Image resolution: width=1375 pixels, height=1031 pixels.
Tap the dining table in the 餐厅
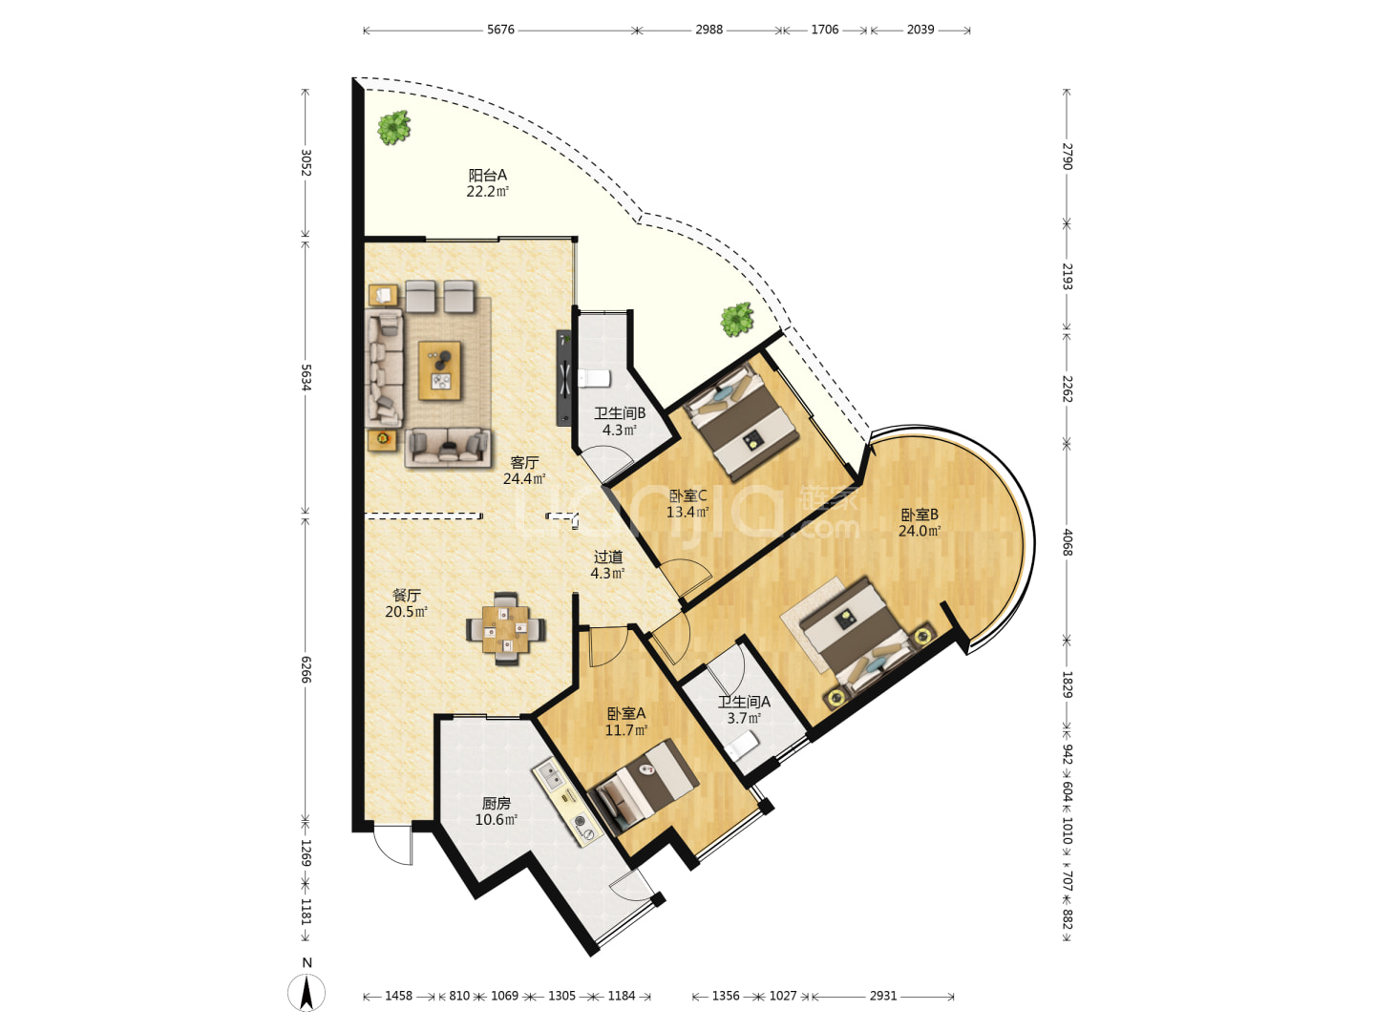[x=505, y=628]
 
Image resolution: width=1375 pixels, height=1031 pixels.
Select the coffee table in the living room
[x=439, y=370]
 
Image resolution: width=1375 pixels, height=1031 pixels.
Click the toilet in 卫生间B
[x=593, y=378]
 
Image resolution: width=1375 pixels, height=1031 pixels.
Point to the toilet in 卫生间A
[x=742, y=745]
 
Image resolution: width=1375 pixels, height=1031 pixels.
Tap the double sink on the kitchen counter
[x=549, y=774]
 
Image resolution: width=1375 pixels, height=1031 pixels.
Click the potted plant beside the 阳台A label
[x=393, y=127]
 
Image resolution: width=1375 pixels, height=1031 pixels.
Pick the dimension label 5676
[x=500, y=30]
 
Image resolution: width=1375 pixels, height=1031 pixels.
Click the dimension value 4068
[x=1067, y=543]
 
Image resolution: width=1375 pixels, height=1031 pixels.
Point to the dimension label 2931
[x=882, y=996]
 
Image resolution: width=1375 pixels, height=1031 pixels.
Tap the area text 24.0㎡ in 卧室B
[x=920, y=531]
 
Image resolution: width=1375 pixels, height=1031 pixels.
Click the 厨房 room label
[x=497, y=803]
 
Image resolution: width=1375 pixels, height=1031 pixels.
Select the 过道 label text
[x=607, y=557]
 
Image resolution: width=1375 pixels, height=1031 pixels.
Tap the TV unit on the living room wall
[x=563, y=378]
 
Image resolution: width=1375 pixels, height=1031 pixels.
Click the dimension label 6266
[x=306, y=670]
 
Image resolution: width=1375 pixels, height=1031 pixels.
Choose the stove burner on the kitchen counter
[x=581, y=821]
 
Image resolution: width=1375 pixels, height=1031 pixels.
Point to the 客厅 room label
[x=524, y=463]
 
